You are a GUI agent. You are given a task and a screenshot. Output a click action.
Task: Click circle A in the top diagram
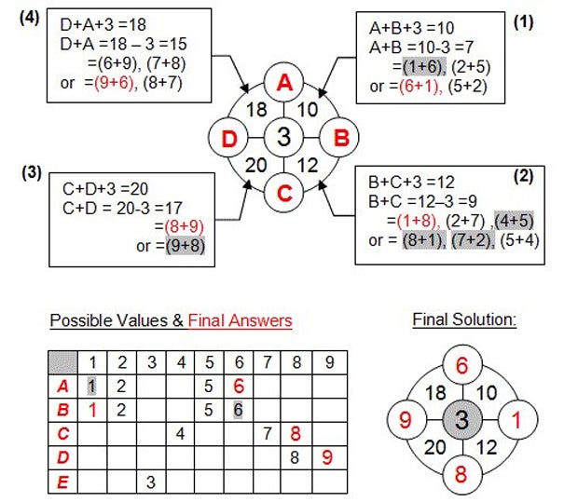coord(284,84)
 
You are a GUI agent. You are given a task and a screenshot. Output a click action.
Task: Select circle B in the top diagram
coord(339,138)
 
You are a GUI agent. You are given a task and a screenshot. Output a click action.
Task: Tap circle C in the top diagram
coord(284,194)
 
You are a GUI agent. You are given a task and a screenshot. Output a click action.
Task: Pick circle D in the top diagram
coord(228,138)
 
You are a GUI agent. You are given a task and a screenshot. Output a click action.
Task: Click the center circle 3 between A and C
coord(284,138)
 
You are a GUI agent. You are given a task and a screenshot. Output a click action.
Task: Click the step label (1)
coord(523,21)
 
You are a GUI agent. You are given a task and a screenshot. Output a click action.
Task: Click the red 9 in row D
coord(325,457)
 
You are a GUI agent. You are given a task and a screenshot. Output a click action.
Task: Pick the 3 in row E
coord(150,481)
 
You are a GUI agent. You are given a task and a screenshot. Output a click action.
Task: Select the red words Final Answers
coord(240,321)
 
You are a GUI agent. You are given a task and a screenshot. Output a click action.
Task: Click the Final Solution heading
coord(464,320)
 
